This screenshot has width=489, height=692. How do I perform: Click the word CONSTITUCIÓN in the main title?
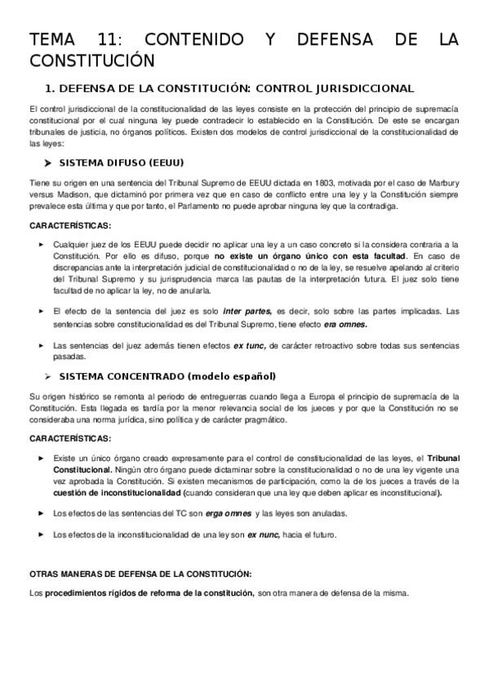[91, 60]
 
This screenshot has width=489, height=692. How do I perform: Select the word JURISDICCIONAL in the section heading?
[366, 88]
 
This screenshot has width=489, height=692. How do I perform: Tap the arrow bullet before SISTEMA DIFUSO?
[48, 162]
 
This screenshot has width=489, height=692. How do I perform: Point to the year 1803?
[323, 184]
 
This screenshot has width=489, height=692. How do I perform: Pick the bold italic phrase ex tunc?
[249, 345]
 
